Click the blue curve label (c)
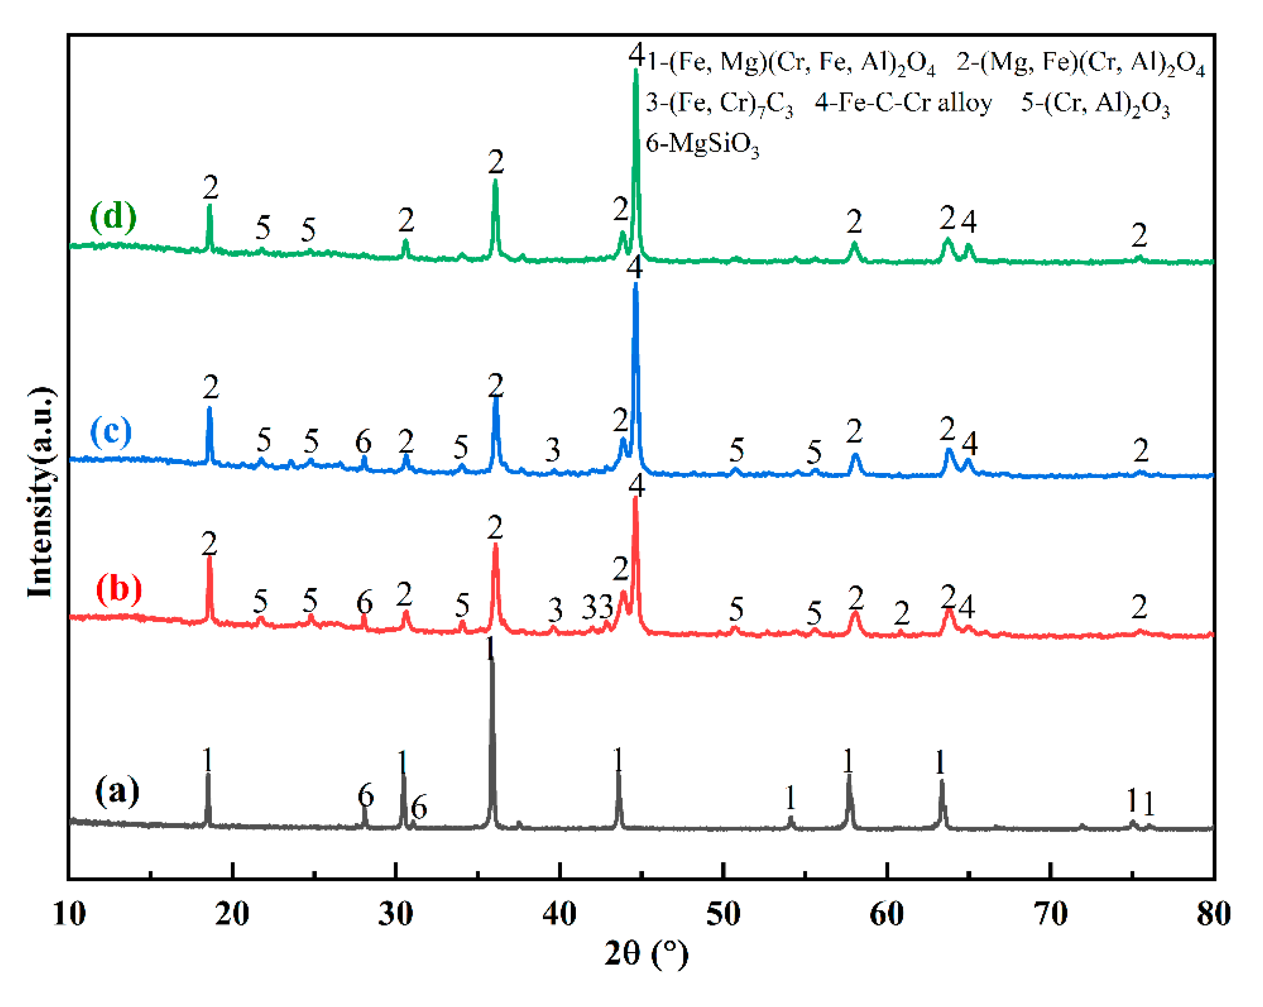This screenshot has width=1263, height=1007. [111, 432]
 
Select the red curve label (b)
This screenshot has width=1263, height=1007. [119, 588]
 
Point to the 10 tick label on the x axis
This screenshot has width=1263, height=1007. [69, 914]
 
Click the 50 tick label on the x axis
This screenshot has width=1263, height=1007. [723, 914]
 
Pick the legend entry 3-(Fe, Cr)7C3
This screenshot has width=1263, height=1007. [720, 104]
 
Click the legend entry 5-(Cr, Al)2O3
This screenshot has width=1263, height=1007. [1096, 104]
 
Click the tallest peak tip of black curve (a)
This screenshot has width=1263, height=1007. [491, 658]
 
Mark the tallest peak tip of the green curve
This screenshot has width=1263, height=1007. [636, 70]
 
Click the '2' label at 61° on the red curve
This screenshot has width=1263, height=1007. [901, 613]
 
